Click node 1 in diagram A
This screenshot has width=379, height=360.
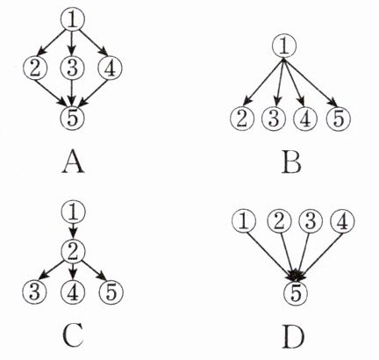73,19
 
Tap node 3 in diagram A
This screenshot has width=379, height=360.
72,68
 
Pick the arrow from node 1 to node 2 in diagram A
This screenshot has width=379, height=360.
52,42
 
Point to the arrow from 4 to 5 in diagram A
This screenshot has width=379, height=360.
94,93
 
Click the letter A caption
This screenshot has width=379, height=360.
73,163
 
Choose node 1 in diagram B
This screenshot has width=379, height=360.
284,47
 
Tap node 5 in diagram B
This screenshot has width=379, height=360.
338,119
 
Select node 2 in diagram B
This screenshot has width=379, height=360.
242,119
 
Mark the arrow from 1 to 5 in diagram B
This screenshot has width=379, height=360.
311,83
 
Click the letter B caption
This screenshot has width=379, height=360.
291,163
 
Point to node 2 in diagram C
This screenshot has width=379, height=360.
73,252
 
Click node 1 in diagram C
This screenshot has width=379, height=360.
73,212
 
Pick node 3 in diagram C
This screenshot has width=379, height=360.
34,292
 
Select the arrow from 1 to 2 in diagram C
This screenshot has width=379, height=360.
73,231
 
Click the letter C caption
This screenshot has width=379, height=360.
73,337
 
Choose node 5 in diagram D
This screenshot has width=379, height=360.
296,293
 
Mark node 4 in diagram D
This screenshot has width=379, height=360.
342,221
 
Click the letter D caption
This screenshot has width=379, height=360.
293,338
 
